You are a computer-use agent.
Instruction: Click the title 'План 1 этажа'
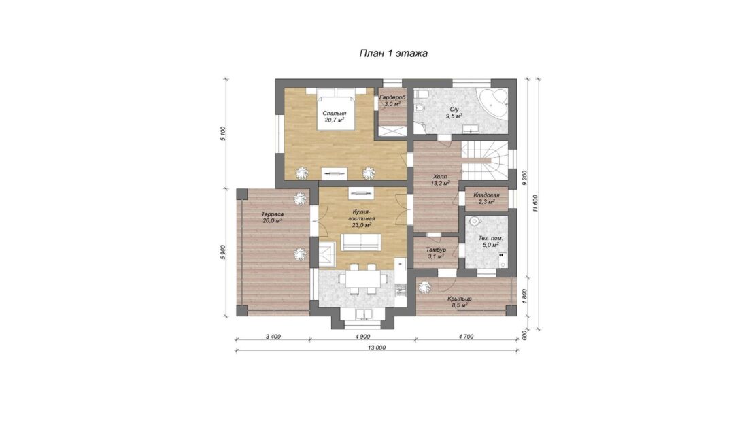[x=393, y=53]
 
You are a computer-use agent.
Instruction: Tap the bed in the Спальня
[x=336, y=110]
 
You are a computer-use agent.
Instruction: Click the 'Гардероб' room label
[x=392, y=97]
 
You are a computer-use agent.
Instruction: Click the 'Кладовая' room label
[x=486, y=195]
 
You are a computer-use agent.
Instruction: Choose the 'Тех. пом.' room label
[x=490, y=238]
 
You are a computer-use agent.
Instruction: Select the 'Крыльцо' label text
[x=460, y=299]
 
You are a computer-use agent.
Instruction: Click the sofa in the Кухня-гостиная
[x=360, y=243]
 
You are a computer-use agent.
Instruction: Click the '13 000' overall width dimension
[x=377, y=348]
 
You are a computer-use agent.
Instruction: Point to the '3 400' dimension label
[x=273, y=337]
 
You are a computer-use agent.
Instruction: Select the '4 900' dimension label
[x=362, y=337]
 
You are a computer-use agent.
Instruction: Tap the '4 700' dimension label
[x=466, y=337]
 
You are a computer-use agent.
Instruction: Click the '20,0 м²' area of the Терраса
[x=273, y=221]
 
